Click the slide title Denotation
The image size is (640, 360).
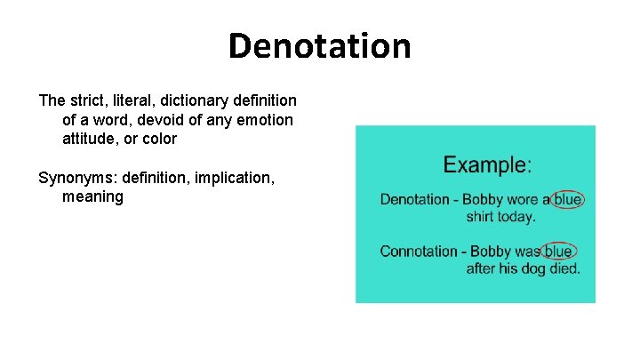(319, 46)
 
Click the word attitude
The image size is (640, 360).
(92, 139)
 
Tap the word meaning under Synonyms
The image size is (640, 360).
(92, 196)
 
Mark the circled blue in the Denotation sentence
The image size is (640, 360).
(567, 199)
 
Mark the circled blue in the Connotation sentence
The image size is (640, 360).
(558, 252)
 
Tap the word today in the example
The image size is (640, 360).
(518, 216)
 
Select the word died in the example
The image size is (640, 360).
(564, 268)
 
